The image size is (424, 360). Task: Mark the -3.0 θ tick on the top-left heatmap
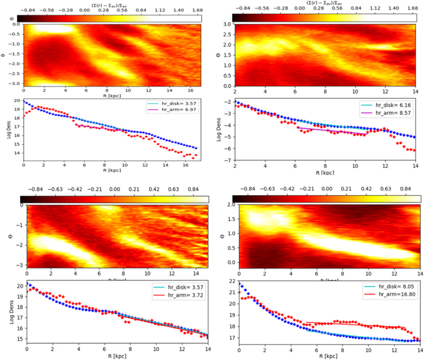pos(11,82)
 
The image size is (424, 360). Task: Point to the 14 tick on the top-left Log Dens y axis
pos(16,171)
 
